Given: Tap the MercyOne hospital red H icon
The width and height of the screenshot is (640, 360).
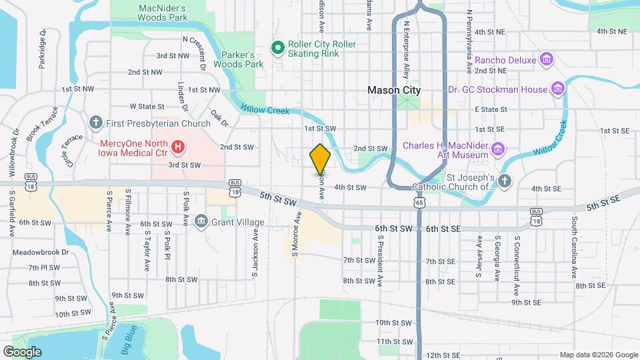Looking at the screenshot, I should pos(178,145).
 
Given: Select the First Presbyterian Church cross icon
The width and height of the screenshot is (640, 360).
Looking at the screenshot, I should pos(96,123).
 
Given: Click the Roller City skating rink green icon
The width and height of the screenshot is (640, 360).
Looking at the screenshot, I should pos(277,47).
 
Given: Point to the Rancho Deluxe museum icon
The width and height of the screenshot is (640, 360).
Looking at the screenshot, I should pos(547,60).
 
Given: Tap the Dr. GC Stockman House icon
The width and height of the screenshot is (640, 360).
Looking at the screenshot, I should pos(559,89).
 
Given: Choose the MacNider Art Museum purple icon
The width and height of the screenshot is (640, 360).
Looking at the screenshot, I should pos(497,148).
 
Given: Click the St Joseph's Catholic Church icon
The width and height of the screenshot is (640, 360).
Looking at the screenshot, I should pos(505,181).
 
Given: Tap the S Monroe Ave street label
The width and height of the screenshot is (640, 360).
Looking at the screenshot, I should pos(293,235).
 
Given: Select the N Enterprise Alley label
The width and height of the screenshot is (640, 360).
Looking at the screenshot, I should pos(405,51).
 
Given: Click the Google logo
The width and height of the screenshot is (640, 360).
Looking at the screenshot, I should pos(22,351).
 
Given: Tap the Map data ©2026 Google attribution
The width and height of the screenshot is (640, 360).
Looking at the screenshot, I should pos(598,355).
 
